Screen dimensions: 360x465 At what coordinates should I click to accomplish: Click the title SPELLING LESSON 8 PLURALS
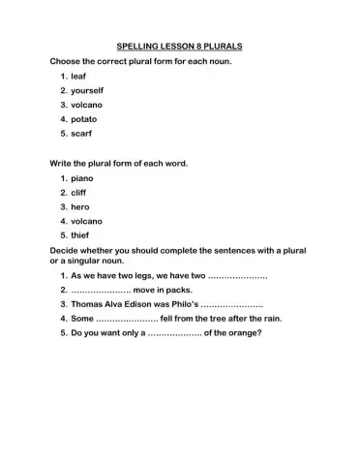(179, 46)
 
